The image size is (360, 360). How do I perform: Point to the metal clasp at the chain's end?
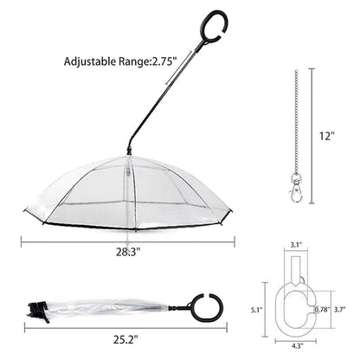point(298,190)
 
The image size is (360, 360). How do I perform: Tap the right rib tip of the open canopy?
point(231,220)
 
